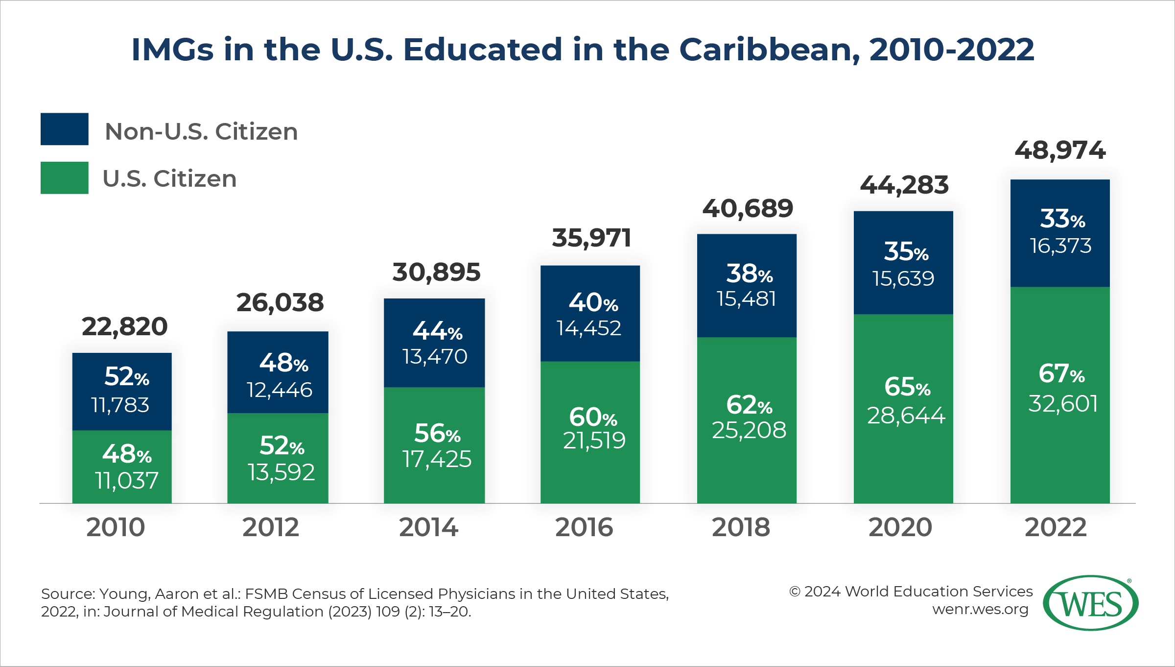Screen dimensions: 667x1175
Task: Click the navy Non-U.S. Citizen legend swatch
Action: pyautogui.click(x=64, y=129)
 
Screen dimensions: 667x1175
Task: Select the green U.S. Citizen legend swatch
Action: pyautogui.click(x=64, y=178)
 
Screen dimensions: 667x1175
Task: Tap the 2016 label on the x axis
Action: pyautogui.click(x=584, y=527)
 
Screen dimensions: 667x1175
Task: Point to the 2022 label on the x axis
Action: pyautogui.click(x=1056, y=527)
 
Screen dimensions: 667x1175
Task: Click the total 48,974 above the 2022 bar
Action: pyautogui.click(x=1060, y=150)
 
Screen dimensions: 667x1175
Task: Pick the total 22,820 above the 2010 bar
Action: pyautogui.click(x=124, y=326)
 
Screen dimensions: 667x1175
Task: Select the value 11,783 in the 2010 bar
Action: pyautogui.click(x=120, y=405)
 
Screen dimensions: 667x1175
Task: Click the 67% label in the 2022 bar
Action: pyautogui.click(x=1061, y=373)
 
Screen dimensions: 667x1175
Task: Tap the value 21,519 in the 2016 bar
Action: pyautogui.click(x=594, y=440)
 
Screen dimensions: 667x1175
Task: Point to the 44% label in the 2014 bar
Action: pyautogui.click(x=437, y=331)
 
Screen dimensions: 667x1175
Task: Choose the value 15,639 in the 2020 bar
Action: pyautogui.click(x=903, y=279)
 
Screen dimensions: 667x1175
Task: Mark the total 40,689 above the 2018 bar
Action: pyautogui.click(x=748, y=209)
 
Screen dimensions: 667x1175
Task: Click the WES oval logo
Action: pyautogui.click(x=1090, y=603)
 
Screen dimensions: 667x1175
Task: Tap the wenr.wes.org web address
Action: pyautogui.click(x=980, y=610)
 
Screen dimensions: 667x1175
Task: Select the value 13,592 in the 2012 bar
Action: pyautogui.click(x=281, y=472)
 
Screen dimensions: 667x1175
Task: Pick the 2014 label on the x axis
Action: pyautogui.click(x=428, y=527)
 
